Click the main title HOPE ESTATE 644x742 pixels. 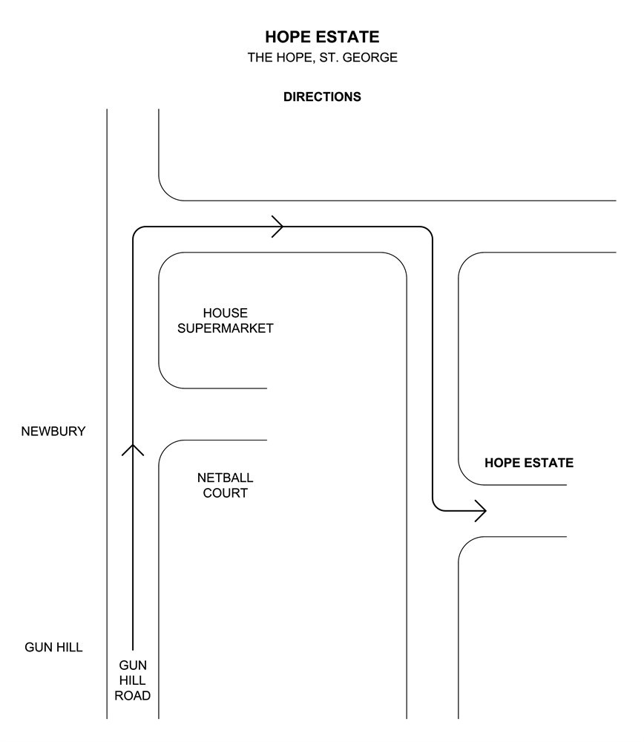coord(322,37)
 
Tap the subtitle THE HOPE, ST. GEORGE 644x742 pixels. coord(322,58)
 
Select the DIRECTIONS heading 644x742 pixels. coord(322,97)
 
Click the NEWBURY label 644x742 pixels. coord(53,431)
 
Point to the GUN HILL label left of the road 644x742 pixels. coord(53,648)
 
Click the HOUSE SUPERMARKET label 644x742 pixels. coord(226,321)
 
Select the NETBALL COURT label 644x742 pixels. coord(225,484)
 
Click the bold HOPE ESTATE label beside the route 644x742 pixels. coord(528,463)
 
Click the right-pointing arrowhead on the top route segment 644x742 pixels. coord(278,227)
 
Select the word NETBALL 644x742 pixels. coord(225,477)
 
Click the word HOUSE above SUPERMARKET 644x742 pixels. coord(226,313)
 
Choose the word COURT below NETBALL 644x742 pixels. coord(225,492)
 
